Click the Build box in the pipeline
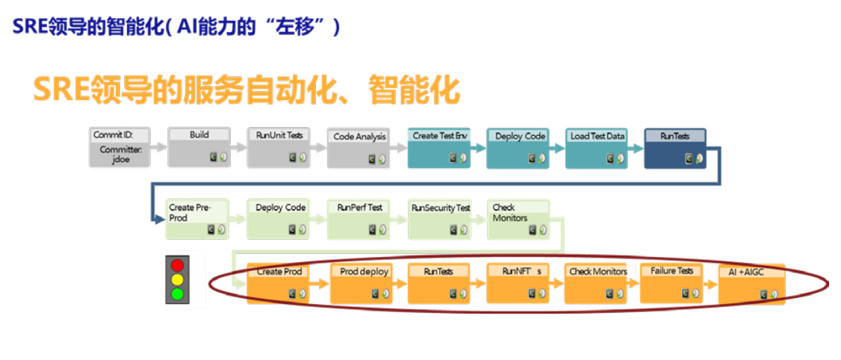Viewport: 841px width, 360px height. point(199,147)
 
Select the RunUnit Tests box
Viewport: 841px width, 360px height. point(279,147)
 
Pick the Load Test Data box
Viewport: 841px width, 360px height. point(597,147)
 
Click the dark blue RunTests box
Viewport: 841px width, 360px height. point(675,147)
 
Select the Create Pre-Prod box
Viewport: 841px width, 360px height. point(196,218)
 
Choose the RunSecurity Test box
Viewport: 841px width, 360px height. point(440,218)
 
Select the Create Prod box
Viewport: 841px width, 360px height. point(279,282)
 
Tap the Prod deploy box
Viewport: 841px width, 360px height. point(362,282)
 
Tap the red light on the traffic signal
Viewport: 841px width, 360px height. point(177,265)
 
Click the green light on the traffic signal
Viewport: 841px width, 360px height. point(177,294)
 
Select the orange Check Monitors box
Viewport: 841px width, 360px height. point(598,282)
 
